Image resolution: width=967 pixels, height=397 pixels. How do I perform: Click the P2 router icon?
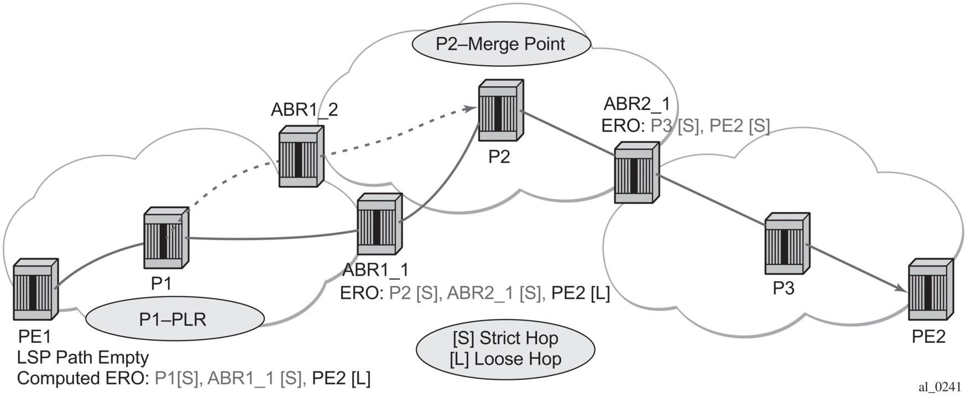[501, 111]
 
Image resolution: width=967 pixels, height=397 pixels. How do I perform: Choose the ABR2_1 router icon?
[636, 173]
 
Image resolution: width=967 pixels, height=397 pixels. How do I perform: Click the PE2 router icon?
[931, 289]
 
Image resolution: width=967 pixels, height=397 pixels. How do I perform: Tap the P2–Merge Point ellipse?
[500, 44]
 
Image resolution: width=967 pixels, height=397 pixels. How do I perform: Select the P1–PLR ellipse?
[175, 319]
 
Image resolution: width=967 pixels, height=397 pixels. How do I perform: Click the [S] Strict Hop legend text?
[505, 338]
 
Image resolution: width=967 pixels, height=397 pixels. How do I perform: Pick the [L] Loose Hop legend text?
[505, 359]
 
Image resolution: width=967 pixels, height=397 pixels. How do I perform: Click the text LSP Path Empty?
[83, 357]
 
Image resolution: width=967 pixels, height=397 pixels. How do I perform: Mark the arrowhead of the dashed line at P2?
[472, 108]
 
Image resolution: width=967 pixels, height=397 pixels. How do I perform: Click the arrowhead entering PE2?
[901, 290]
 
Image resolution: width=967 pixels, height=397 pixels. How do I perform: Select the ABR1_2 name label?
[304, 109]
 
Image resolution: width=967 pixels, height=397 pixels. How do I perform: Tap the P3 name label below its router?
[783, 288]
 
